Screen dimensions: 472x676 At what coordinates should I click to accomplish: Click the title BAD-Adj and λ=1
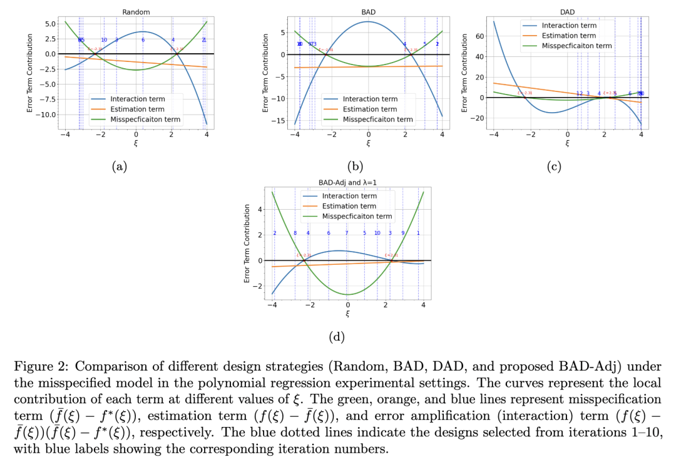[347, 182]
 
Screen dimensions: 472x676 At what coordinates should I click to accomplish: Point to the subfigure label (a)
[119, 166]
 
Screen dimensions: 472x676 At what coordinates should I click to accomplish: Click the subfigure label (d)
[337, 336]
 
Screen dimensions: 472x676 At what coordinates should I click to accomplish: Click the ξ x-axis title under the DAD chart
[567, 143]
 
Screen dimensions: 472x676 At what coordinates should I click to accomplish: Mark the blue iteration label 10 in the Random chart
[104, 40]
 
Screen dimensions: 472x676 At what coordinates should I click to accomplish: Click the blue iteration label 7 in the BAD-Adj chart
[346, 233]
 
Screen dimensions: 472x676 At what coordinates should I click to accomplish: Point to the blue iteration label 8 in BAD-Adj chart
[295, 233]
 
